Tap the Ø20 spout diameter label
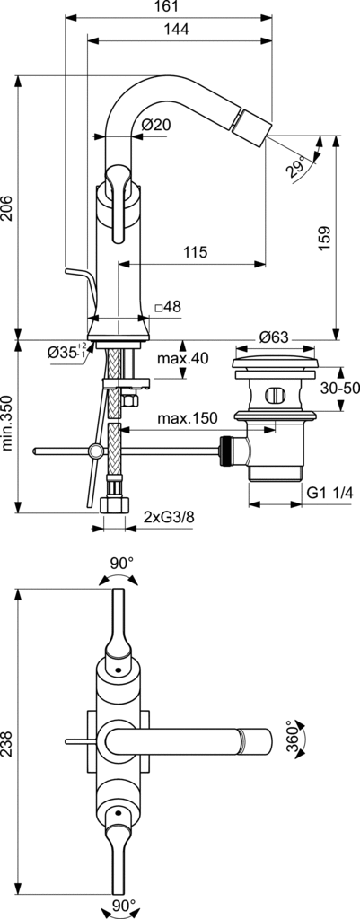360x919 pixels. click(157, 125)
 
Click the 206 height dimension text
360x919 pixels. click(7, 207)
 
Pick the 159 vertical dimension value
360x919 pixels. click(326, 237)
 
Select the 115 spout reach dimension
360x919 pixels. click(195, 252)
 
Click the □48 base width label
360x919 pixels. click(168, 307)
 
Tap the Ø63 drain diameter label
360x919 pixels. click(274, 337)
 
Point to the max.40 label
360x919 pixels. click(182, 358)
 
